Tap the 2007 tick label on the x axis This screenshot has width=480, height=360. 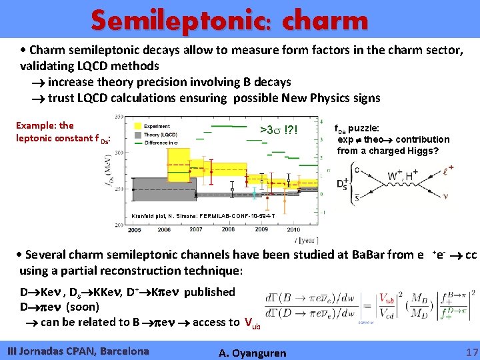195,229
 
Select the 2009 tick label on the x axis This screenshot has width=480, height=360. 261,229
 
